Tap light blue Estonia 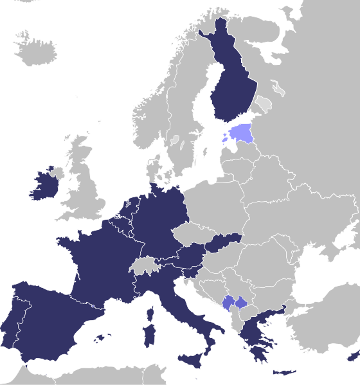(x=242, y=134)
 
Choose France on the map (x=96, y=264)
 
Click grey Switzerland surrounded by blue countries (x=143, y=265)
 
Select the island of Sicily (x=191, y=363)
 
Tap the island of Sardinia (x=148, y=336)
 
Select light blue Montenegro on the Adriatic (x=228, y=303)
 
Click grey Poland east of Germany (x=212, y=206)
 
